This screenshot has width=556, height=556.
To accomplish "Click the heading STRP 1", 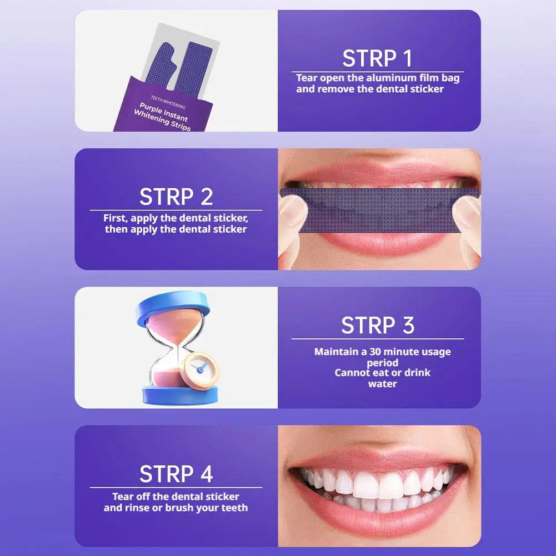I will [377, 58].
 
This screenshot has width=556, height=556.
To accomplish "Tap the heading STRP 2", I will [176, 197].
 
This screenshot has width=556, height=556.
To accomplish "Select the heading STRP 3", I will [378, 325].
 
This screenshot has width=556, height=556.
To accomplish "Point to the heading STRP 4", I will [176, 474].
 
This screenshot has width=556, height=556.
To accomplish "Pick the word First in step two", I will [116, 218].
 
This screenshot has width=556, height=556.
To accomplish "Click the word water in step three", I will [382, 384].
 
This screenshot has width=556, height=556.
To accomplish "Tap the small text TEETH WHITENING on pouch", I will [168, 102].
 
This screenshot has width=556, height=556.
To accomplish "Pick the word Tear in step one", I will [307, 78].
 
